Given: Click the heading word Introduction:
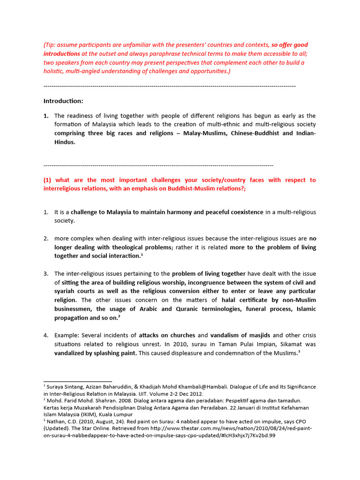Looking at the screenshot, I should (x=63, y=101).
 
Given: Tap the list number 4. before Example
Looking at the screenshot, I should (x=46, y=336).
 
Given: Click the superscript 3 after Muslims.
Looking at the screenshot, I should (x=299, y=352).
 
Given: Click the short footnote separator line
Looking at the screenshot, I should (x=78, y=381).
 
